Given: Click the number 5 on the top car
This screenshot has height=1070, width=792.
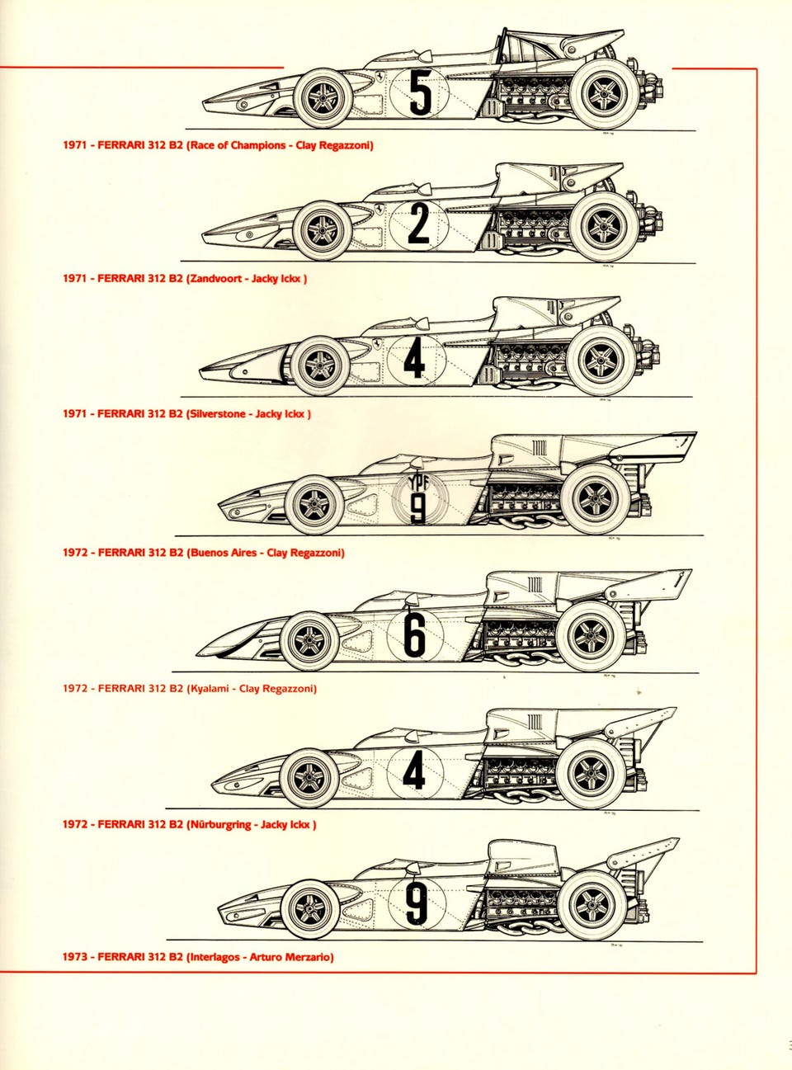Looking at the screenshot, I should point(420,92).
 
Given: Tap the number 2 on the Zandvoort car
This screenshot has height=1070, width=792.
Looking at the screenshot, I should point(418,224).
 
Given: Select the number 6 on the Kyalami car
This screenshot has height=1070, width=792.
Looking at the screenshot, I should point(414,634).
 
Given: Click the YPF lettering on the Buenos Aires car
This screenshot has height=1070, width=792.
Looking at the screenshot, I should point(418,484).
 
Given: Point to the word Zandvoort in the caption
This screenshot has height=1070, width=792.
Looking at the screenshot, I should point(216,279).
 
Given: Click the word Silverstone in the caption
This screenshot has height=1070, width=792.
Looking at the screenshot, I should point(216,414).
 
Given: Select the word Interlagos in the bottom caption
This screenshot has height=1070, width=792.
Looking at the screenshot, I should point(216,958).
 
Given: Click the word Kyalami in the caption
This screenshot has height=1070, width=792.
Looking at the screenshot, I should point(210,689).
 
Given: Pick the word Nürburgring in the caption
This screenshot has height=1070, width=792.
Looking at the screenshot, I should point(221,825).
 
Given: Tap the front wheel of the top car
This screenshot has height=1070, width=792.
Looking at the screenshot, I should point(323,98).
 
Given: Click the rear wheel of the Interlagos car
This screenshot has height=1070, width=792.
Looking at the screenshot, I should point(592,905).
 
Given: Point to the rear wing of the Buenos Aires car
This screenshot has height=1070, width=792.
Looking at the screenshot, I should point(652,445).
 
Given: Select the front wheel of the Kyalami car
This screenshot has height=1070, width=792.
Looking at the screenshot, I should point(309,641).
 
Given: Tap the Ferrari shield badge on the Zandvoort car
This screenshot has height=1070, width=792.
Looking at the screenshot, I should point(378,209).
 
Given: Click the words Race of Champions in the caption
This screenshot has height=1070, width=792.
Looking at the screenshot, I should point(238,146).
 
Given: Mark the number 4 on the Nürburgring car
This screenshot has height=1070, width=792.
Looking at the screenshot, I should point(413,771).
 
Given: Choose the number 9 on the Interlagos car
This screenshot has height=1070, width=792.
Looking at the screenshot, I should point(417,903).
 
